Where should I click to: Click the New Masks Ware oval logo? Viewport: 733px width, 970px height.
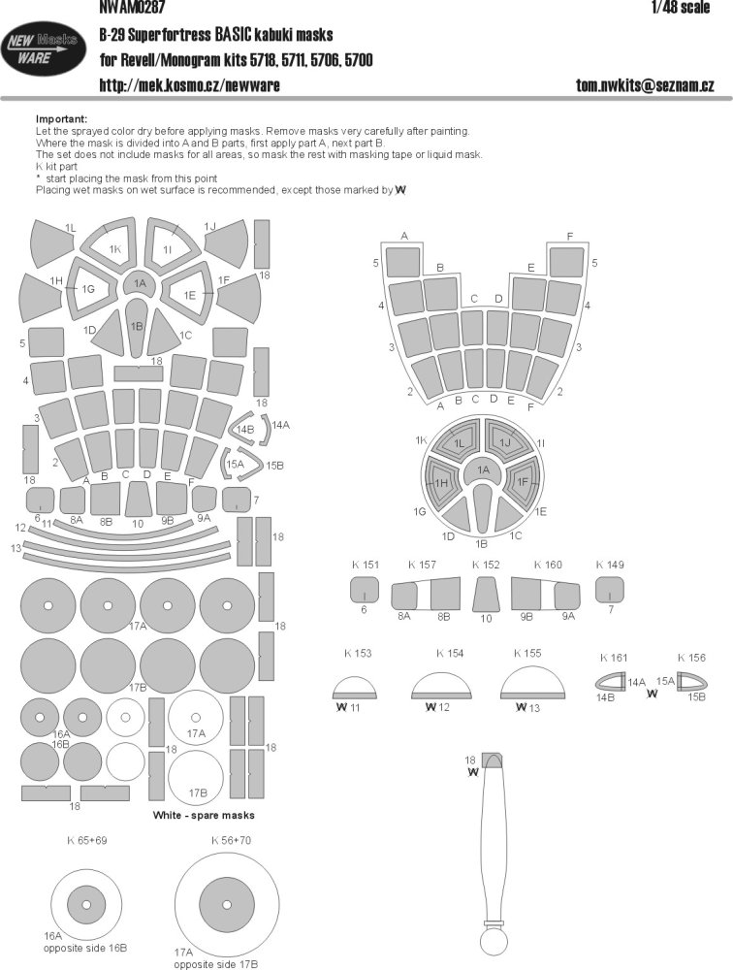point(44,48)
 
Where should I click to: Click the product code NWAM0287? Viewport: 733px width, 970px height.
point(131,7)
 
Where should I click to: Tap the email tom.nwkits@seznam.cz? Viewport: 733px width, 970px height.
point(645,84)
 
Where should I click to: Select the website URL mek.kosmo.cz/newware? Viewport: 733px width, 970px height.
point(189,84)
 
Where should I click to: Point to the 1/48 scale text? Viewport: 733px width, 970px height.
point(681,7)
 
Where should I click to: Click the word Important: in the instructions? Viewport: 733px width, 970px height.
point(61,118)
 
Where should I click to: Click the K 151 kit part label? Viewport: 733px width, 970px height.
point(365,565)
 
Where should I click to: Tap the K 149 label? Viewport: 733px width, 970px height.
point(610,565)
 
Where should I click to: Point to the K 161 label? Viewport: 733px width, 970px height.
point(614,658)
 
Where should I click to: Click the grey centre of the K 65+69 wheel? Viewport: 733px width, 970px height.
point(79,902)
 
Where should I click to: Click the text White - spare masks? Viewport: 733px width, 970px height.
point(204,816)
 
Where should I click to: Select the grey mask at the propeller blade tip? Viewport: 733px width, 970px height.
point(493,760)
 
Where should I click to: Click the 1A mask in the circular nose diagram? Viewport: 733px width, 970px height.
point(483,469)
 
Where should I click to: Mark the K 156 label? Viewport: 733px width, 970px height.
point(691,658)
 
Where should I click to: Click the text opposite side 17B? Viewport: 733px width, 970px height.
point(216,964)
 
